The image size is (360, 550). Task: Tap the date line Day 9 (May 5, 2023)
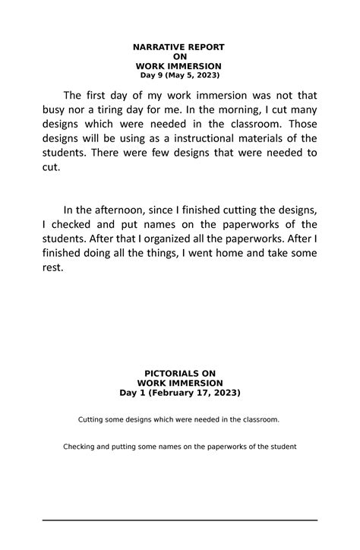click(x=179, y=75)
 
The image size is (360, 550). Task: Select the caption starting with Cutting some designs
click(x=179, y=419)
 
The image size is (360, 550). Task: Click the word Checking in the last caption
click(x=81, y=446)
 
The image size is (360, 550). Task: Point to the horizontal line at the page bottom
click(x=179, y=520)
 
